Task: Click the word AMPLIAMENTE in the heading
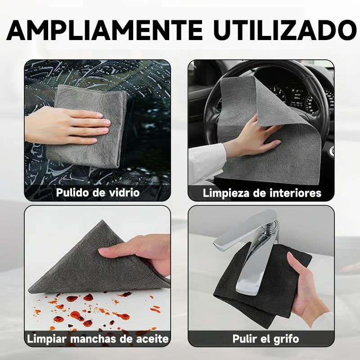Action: click(x=104, y=30)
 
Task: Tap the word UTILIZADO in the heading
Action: click(x=285, y=30)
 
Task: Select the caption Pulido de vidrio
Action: click(x=98, y=193)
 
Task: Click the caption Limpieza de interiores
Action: click(x=262, y=193)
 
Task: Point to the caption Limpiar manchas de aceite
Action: click(x=98, y=339)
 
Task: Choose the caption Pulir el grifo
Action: click(x=265, y=339)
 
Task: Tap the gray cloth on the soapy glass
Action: click(x=87, y=126)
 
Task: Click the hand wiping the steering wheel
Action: click(x=252, y=138)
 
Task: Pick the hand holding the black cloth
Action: click(x=306, y=292)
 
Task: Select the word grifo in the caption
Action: click(x=286, y=339)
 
